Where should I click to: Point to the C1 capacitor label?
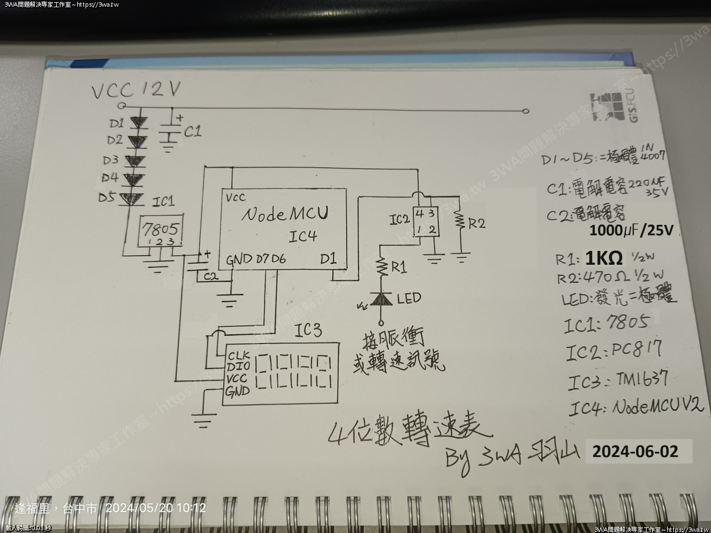[x=192, y=132]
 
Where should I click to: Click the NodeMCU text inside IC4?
[x=284, y=214]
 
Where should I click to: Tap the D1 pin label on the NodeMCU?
[x=328, y=259]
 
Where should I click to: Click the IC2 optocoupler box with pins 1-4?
[x=426, y=222]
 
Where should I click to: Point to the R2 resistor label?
[x=477, y=224]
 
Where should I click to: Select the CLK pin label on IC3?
[x=238, y=355]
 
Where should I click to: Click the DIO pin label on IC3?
[x=237, y=366]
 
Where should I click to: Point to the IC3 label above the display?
[x=308, y=331]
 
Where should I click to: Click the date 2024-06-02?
[x=635, y=451]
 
